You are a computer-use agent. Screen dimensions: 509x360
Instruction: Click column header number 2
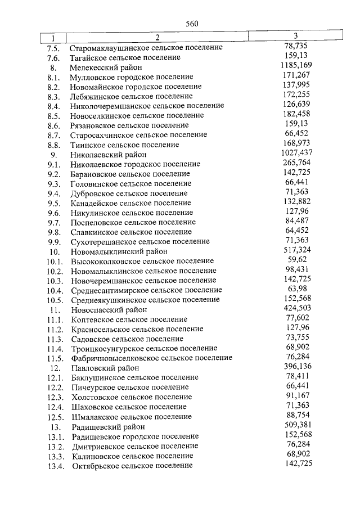pos(157,38)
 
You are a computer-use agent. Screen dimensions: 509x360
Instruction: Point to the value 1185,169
pos(295,65)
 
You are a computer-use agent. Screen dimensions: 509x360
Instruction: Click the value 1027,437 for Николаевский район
pos(295,152)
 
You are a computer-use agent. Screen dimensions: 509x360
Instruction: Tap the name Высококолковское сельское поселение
pos(142,261)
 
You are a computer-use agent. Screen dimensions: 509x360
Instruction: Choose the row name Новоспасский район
pos(109,309)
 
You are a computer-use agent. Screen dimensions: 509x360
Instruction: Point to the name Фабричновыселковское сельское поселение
pos(152,358)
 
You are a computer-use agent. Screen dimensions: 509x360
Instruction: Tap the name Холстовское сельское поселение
pos(132,397)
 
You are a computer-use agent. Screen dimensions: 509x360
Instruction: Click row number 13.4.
pos(57,466)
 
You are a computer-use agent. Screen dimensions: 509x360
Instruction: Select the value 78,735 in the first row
pos(295,46)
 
